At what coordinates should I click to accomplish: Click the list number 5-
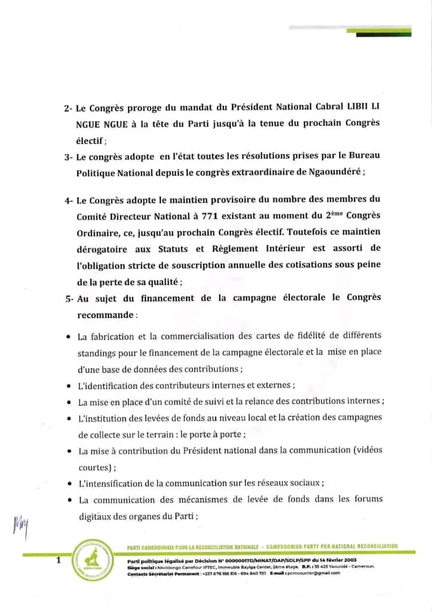click(x=68, y=298)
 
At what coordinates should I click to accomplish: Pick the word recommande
click(x=104, y=314)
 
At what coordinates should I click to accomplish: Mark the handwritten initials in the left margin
click(x=20, y=527)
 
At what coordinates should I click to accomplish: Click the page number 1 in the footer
click(x=58, y=560)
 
